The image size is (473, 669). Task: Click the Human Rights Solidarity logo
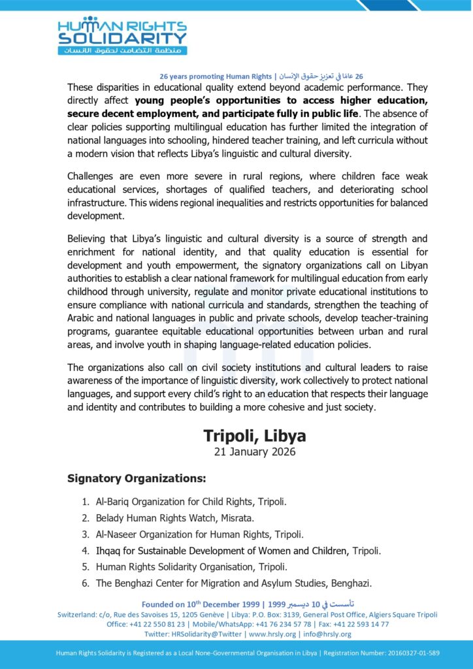pos(122,36)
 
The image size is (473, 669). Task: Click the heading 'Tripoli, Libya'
pos(254,435)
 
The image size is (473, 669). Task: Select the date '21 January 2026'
pos(255,451)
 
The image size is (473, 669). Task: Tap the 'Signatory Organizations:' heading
pos(137,479)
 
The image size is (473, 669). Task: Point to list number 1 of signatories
pos(86,502)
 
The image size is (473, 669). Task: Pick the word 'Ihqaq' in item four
pos(108,551)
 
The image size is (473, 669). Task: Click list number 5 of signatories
pos(86,566)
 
